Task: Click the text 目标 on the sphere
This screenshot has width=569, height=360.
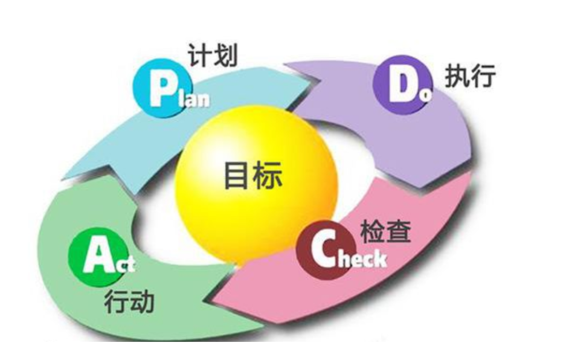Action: [252, 176]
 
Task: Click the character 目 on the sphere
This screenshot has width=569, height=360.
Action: [237, 176]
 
